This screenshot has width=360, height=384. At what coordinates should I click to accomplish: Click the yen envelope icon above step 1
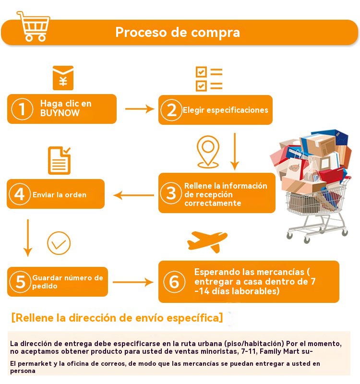coord(63,78)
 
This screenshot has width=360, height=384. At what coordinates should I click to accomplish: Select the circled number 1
coord(22,109)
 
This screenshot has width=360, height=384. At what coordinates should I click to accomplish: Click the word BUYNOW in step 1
coord(60,113)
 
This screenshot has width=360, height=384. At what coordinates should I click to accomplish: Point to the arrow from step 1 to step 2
coord(140,109)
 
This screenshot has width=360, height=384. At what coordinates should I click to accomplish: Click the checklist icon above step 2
coord(209,79)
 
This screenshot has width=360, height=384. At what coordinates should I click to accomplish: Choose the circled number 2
coord(171,110)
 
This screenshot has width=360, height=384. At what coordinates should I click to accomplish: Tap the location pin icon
coord(208,152)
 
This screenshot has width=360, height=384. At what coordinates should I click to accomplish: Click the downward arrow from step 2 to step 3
coord(235,151)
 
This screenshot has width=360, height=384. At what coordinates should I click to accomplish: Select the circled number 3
coord(171,193)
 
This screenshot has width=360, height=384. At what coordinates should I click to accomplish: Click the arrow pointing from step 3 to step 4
coord(134,195)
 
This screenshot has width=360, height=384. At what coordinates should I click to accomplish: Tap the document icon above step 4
coord(59,161)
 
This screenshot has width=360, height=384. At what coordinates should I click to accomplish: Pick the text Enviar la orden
coord(60,195)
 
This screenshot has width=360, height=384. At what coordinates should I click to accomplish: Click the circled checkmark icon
coord(59,243)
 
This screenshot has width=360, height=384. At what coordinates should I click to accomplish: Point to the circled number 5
coord(20,282)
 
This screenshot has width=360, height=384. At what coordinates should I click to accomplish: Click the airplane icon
coord(207,241)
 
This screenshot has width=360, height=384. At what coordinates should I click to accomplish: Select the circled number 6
coord(174,282)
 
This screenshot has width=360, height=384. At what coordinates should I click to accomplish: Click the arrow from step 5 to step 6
coord(133,282)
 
